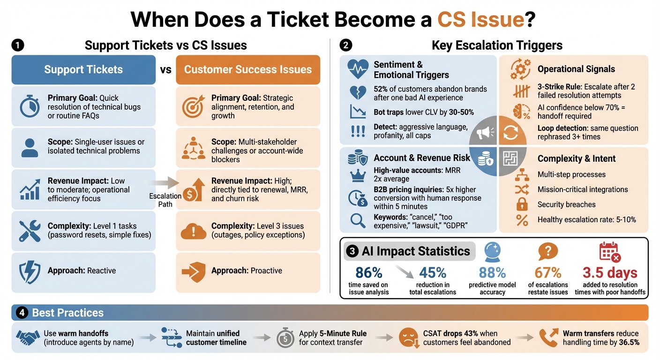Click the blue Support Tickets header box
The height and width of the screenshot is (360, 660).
[x=83, y=70]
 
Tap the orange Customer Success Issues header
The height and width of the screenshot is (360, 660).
[x=247, y=70]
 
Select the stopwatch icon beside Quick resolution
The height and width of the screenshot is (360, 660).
[x=30, y=106]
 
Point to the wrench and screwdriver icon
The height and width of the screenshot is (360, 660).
[x=30, y=231]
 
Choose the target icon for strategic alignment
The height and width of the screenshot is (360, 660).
[x=193, y=106]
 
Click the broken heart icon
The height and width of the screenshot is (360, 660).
[x=358, y=93]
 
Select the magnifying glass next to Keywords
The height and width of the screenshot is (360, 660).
[x=358, y=220]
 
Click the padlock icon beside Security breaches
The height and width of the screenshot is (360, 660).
[x=522, y=204]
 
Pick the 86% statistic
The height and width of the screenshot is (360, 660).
[x=369, y=273]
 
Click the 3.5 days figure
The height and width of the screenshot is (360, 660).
[x=610, y=273]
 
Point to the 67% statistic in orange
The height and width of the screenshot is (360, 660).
[x=548, y=273]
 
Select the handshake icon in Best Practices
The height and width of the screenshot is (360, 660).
[x=28, y=337]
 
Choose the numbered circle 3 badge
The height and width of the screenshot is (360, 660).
[x=352, y=252]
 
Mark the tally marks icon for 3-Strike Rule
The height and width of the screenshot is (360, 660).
[x=522, y=91]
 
